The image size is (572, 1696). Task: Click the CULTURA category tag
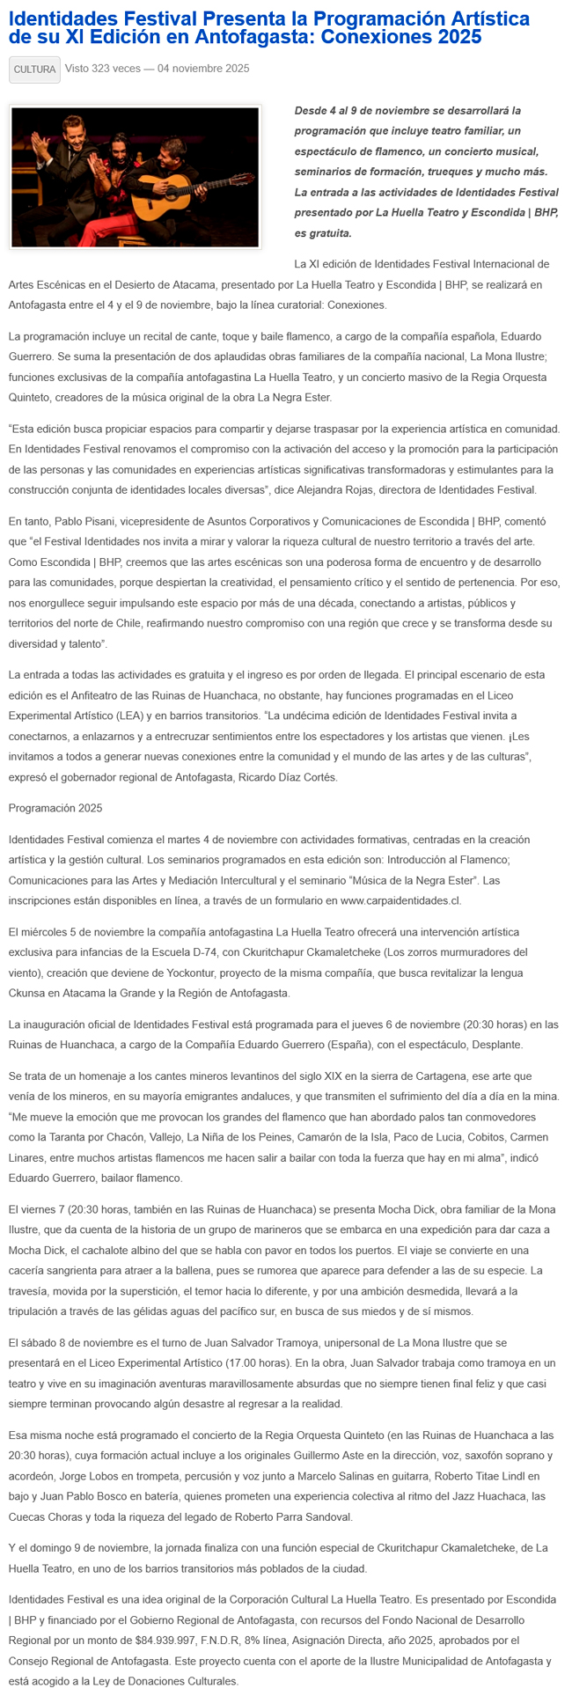34,70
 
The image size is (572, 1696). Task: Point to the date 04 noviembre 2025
203,69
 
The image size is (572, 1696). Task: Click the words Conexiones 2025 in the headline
401,37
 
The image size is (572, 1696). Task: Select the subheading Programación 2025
49,807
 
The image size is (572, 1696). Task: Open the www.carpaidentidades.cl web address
400,900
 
